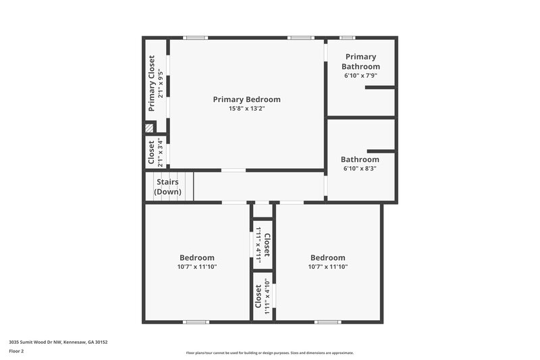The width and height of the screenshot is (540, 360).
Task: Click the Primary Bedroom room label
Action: click(246, 99)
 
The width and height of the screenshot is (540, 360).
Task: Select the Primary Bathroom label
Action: click(360, 61)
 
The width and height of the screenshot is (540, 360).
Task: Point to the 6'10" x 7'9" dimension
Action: click(360, 76)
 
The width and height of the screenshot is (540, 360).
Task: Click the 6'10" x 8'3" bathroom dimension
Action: click(360, 169)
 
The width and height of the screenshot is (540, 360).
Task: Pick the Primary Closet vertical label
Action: click(152, 84)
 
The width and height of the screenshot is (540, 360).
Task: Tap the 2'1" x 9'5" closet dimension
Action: click(160, 84)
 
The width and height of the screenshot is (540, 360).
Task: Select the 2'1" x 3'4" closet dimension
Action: click(160, 153)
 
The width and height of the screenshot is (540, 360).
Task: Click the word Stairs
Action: click(167, 182)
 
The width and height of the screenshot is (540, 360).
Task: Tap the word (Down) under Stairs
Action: click(167, 192)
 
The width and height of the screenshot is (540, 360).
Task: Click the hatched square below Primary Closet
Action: click(149, 127)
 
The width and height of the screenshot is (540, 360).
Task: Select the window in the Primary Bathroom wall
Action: click(347, 38)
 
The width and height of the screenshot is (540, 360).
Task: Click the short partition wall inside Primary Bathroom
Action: click(380, 87)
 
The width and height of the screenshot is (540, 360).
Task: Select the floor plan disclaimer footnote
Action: click(269, 353)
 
